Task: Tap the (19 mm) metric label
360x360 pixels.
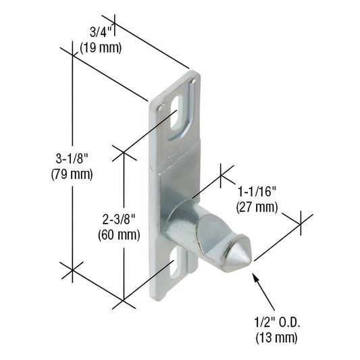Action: pyautogui.click(x=100, y=48)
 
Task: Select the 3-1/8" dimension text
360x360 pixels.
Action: pyautogui.click(x=72, y=159)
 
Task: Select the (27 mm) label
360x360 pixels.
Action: pyautogui.click(x=257, y=207)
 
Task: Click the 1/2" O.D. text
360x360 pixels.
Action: pyautogui.click(x=275, y=322)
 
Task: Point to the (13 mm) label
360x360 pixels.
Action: pyautogui.click(x=275, y=336)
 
